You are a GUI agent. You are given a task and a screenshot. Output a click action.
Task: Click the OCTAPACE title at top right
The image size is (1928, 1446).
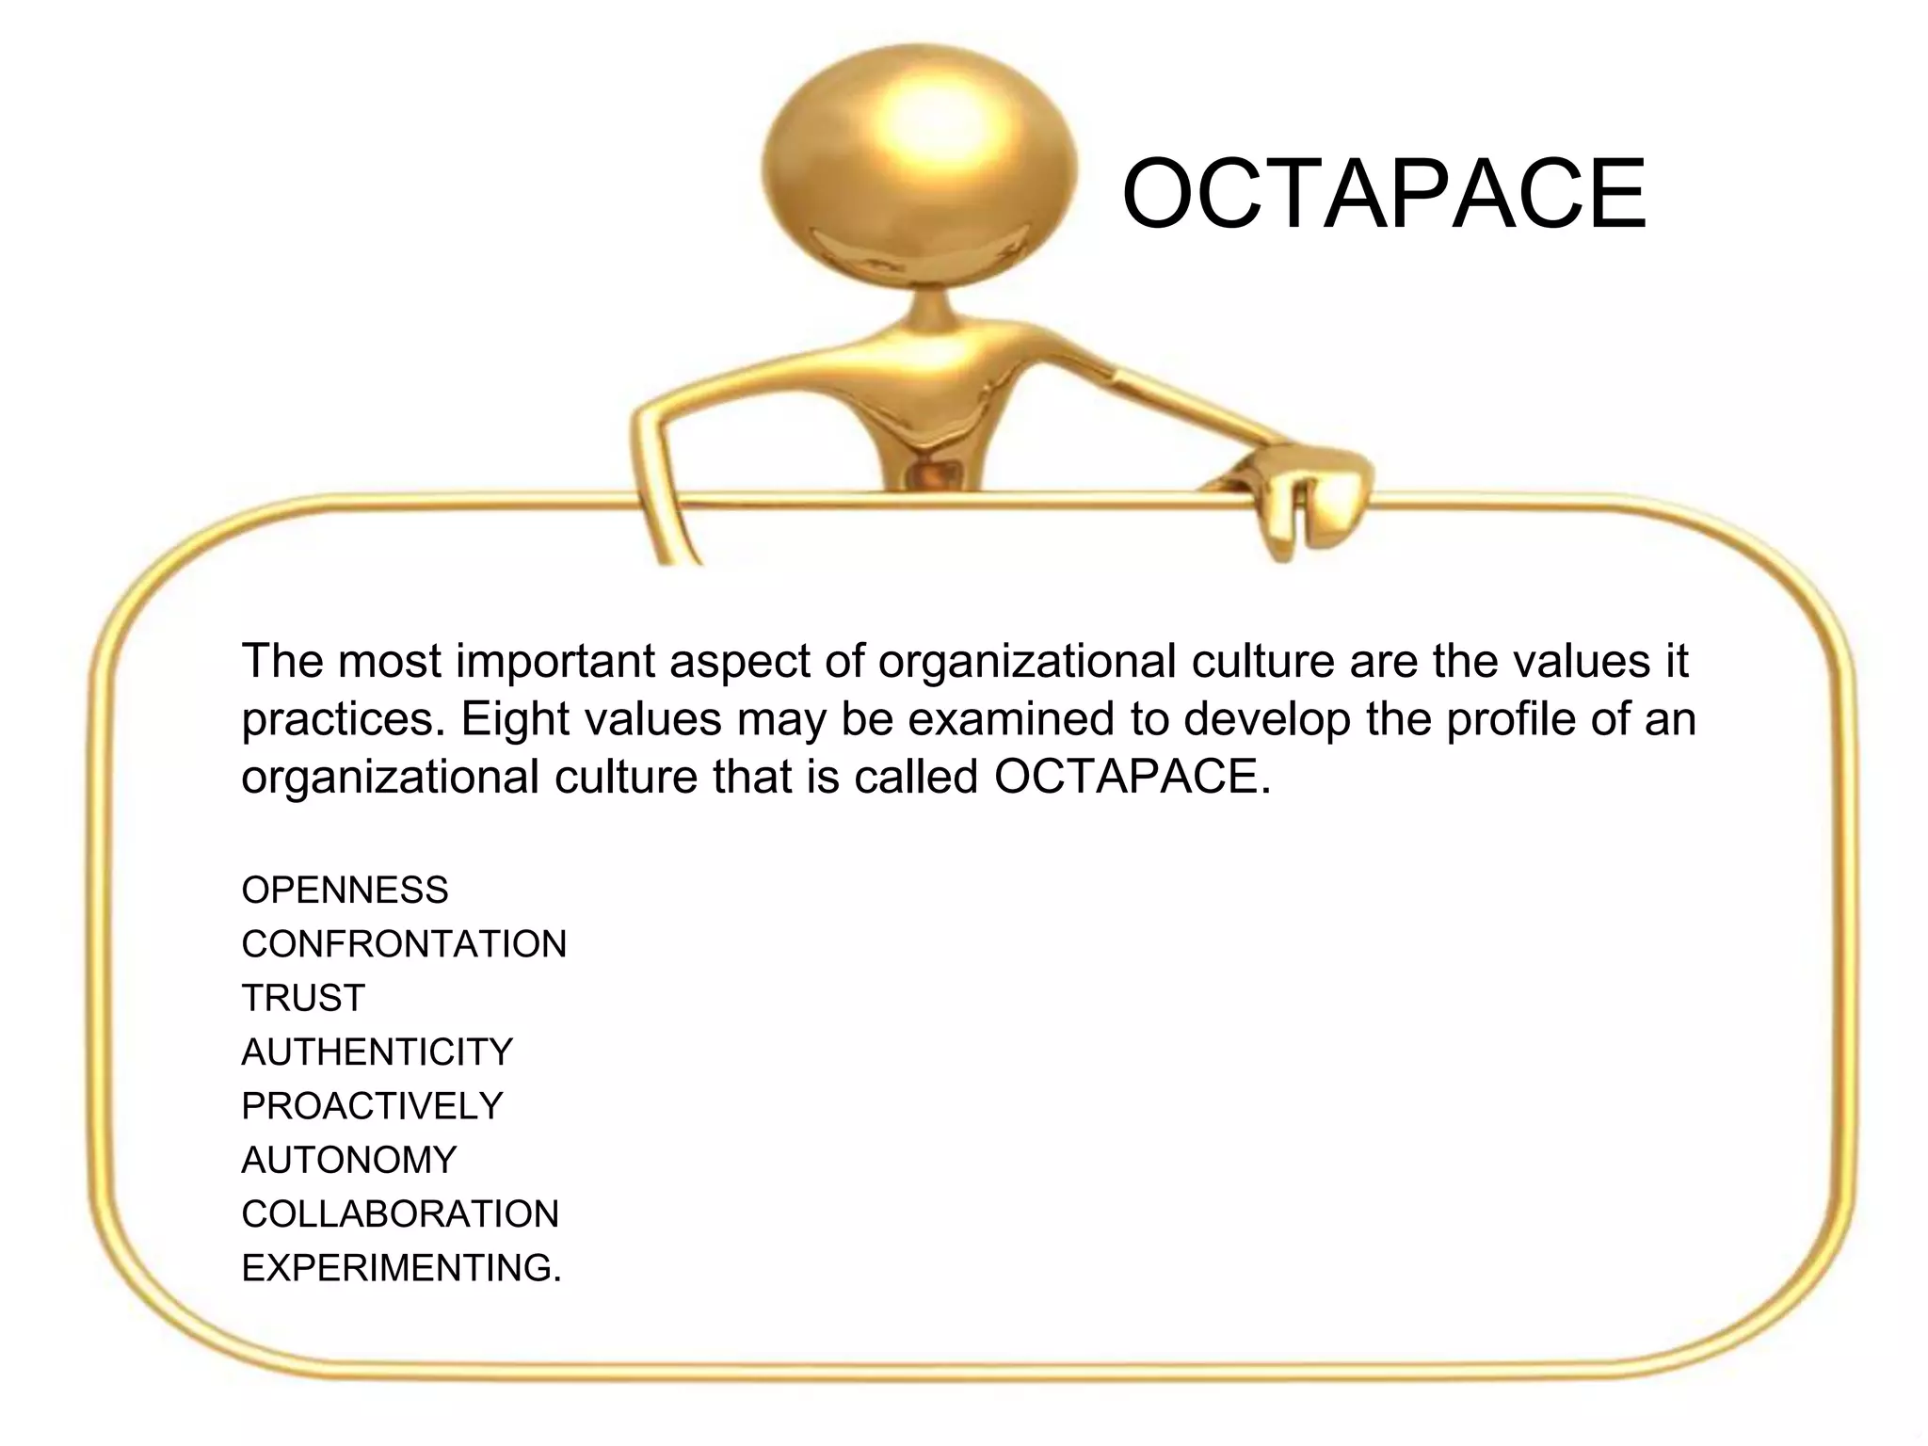1384,194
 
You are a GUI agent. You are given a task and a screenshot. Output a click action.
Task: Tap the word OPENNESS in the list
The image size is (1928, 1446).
345,891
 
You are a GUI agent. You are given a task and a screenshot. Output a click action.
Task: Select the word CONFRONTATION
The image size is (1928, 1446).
404,944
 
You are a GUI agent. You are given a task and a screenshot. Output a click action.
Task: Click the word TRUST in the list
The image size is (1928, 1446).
303,998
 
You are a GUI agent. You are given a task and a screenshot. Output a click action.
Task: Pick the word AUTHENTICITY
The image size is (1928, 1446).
377,1052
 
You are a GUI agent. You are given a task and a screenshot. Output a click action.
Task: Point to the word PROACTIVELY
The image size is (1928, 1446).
372,1106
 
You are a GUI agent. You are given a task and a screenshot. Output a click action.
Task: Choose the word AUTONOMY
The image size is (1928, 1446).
348,1160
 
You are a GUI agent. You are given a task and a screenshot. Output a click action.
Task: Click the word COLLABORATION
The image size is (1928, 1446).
400,1214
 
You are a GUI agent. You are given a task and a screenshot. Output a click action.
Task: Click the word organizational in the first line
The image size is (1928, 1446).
1027,661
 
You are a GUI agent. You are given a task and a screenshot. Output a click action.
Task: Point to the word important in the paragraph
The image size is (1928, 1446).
555,661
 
